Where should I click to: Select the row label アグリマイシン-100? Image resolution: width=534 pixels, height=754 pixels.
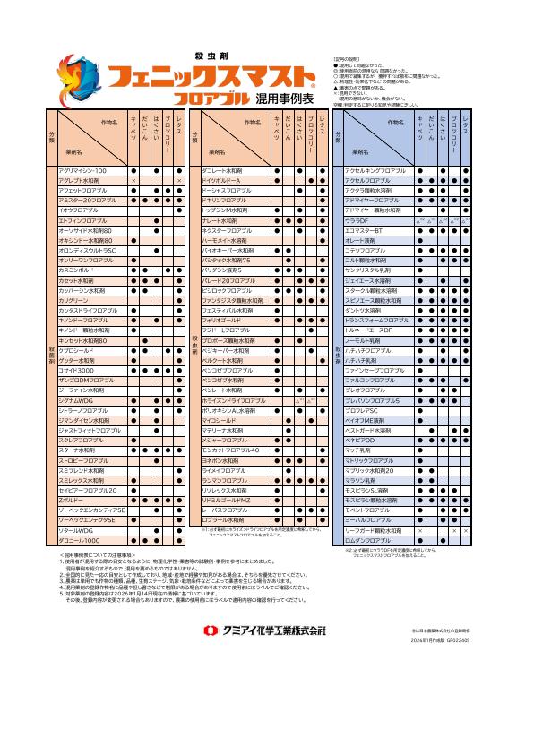(x=82, y=170)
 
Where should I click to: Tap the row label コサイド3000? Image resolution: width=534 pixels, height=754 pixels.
(x=75, y=370)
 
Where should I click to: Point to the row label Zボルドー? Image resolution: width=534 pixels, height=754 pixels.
(x=71, y=500)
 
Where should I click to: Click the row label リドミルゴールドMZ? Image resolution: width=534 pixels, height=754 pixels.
(x=225, y=500)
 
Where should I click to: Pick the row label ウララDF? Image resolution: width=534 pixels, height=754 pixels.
(x=357, y=220)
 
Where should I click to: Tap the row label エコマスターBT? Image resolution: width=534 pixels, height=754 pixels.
(x=364, y=230)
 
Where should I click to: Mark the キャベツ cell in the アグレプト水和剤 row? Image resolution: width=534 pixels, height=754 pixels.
(x=133, y=181)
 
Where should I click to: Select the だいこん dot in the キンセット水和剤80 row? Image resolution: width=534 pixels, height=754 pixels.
(x=145, y=340)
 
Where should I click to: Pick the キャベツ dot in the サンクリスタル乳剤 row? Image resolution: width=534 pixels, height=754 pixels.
(x=420, y=270)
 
